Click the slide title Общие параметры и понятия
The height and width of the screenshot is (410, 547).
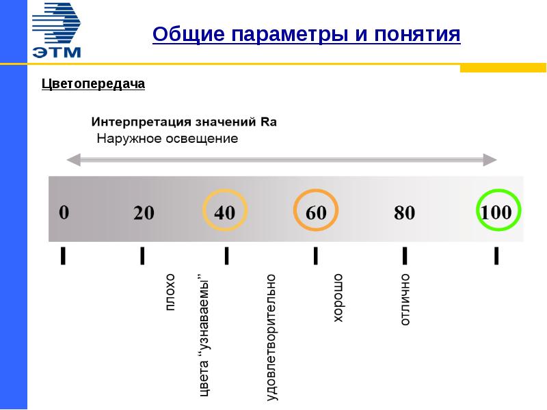306,34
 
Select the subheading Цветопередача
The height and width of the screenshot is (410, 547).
94,84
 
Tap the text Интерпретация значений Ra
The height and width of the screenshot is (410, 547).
184,123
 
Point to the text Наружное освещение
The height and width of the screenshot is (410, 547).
167,139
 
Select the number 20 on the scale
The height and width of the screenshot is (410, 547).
144,213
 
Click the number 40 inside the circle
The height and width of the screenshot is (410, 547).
224,213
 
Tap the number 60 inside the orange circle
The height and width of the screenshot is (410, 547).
315,213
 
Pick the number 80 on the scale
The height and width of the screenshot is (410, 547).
404,213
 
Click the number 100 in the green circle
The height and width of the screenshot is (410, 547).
496,212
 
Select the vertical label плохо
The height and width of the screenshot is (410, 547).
170,292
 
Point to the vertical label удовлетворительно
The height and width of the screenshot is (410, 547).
272,336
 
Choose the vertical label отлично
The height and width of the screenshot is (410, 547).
405,299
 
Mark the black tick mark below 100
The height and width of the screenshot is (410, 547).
496,256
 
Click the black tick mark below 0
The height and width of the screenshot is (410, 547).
63,256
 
